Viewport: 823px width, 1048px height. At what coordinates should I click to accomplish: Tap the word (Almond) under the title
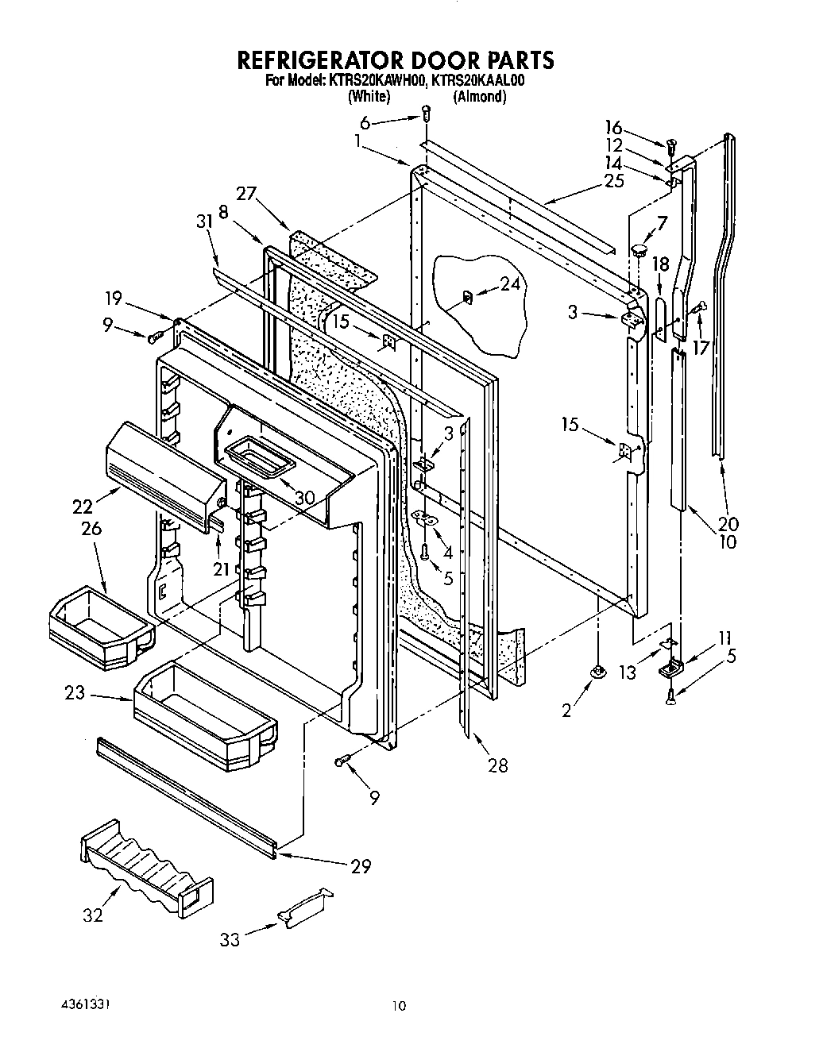click(x=479, y=97)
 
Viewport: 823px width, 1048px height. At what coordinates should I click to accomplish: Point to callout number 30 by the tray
click(x=304, y=498)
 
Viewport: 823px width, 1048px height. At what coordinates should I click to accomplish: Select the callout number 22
click(x=82, y=506)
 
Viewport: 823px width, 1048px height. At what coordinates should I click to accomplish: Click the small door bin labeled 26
click(x=99, y=619)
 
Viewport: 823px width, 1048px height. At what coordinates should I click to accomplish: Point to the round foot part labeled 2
click(x=596, y=672)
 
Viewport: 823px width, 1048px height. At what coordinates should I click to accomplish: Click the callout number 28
click(x=498, y=765)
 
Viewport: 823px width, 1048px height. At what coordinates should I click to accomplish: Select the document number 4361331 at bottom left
click(x=86, y=1005)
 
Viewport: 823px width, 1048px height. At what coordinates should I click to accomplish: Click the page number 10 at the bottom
click(x=399, y=1007)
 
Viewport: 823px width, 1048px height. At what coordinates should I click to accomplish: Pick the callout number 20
click(x=728, y=524)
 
